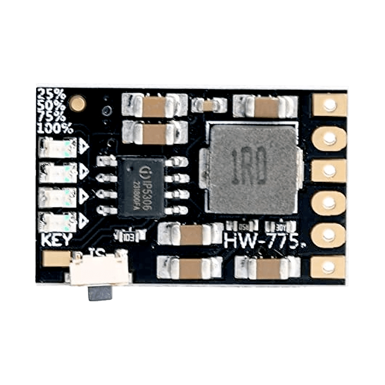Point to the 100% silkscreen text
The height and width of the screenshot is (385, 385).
(x=54, y=128)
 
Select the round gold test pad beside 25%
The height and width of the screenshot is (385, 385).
(x=77, y=103)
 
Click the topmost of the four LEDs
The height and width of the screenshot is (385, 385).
(x=58, y=147)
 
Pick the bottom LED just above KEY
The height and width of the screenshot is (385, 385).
(x=58, y=221)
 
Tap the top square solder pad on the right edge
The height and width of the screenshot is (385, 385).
(x=329, y=105)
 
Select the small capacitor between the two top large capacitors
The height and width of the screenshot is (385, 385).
(x=209, y=105)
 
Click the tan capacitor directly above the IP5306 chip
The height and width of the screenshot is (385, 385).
(x=154, y=131)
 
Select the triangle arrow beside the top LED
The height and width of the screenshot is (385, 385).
(x=83, y=147)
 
